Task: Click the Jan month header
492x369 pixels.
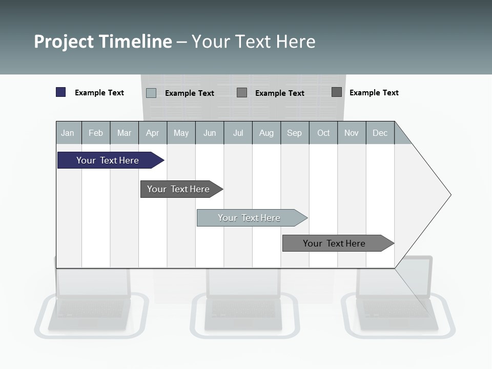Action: [x=68, y=133]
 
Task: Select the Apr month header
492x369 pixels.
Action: [x=152, y=133]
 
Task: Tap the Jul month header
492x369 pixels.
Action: [x=238, y=133]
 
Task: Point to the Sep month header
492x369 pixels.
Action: [x=294, y=133]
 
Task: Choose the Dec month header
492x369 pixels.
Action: [x=380, y=133]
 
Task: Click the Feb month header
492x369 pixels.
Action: [x=96, y=133]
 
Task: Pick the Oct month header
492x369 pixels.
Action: [x=323, y=133]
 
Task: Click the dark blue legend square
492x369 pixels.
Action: [x=60, y=92]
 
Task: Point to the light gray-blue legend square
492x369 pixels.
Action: [x=151, y=93]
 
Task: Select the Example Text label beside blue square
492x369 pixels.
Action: [x=99, y=93]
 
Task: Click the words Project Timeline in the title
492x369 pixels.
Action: [x=102, y=42]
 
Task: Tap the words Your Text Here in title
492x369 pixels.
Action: [x=254, y=42]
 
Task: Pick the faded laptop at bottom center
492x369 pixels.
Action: [x=244, y=302]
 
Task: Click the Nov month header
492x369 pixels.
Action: [x=352, y=133]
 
